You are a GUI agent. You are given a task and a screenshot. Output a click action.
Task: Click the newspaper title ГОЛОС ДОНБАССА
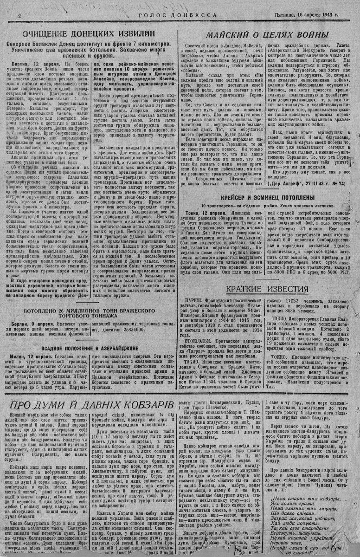[x=178, y=15]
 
